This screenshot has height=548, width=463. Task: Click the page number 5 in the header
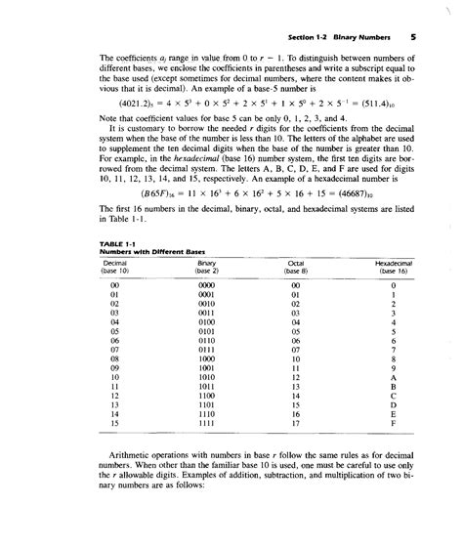click(413, 38)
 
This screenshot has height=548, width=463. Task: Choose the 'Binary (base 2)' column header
click(206, 266)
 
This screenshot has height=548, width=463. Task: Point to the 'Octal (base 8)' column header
click(298, 266)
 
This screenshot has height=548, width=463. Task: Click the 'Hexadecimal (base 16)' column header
click(393, 266)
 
